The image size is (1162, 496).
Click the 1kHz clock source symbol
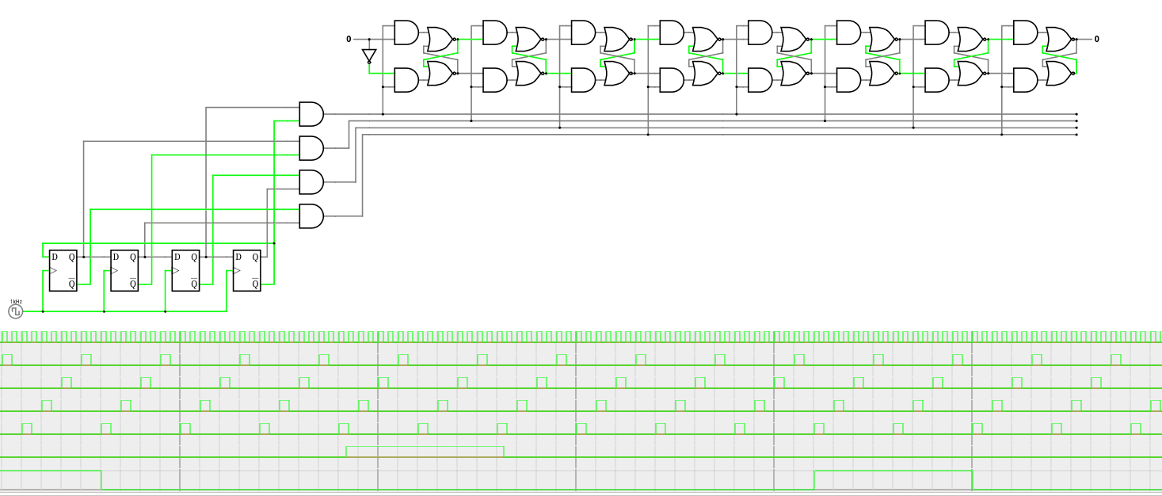click(x=16, y=311)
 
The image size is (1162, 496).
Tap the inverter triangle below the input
click(x=369, y=55)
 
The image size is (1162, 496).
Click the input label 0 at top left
click(x=349, y=39)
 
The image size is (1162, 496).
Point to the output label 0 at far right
click(x=1096, y=39)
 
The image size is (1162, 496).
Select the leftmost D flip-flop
click(x=63, y=270)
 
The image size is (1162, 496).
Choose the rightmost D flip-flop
click(x=246, y=270)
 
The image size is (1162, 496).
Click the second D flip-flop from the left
click(x=124, y=270)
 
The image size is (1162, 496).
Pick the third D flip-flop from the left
click(x=186, y=270)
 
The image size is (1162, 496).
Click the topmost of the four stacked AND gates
click(x=311, y=114)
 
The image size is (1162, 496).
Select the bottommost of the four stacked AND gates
click(x=311, y=216)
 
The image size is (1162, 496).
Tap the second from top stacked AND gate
click(x=311, y=148)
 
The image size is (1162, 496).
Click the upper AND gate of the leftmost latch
click(x=406, y=32)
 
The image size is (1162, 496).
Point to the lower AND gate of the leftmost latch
click(x=406, y=80)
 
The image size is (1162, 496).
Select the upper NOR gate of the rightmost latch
click(x=1058, y=39)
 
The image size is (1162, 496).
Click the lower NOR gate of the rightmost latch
click(x=1058, y=74)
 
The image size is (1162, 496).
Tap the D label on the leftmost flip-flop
click(x=55, y=257)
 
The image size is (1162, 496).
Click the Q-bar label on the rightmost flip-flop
click(x=255, y=284)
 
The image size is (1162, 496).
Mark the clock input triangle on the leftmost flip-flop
click(x=54, y=271)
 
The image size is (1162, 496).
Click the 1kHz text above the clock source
click(x=16, y=302)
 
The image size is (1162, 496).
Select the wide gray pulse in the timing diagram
click(x=425, y=452)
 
